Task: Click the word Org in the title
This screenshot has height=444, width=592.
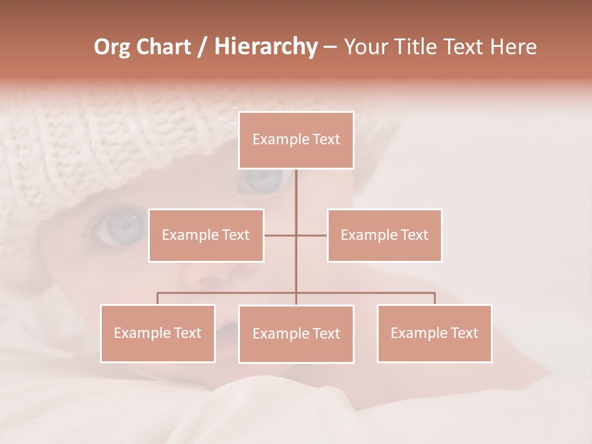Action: (112, 47)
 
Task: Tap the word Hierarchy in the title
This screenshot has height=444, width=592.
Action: (265, 47)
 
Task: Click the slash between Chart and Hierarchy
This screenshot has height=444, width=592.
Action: (202, 47)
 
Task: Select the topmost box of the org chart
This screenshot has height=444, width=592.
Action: (296, 140)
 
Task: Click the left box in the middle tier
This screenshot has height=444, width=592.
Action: (206, 235)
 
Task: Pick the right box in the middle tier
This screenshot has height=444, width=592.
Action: (384, 235)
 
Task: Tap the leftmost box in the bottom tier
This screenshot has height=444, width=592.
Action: (157, 333)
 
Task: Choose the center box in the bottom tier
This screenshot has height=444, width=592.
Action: (296, 334)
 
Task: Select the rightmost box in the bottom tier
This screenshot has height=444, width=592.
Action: (434, 333)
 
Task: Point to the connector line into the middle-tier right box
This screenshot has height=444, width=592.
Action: (312, 235)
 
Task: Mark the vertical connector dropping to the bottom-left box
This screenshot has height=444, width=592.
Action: (157, 298)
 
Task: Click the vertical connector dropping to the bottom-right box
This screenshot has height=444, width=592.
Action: (435, 298)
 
